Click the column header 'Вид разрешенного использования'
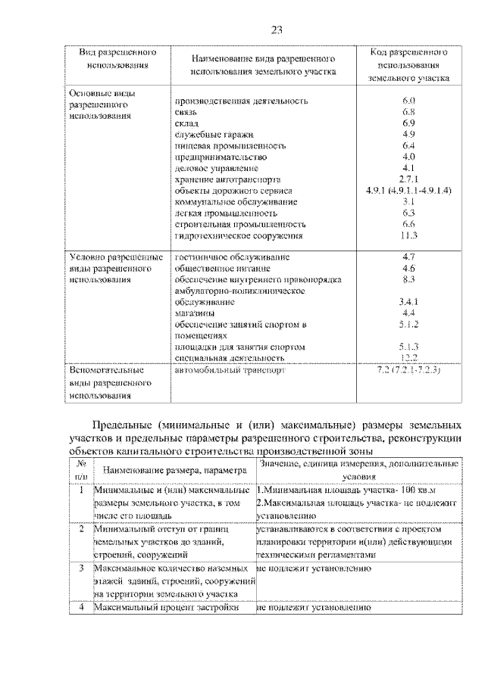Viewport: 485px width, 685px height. pos(117,59)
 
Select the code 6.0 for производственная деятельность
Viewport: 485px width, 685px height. pos(408,100)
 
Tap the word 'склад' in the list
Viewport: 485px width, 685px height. pos(186,123)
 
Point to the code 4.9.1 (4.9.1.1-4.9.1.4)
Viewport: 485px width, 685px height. pos(408,191)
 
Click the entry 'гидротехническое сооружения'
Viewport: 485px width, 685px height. pos(239,236)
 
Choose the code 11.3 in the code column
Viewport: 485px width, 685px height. pos(408,236)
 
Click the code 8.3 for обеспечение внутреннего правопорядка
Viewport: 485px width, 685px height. pos(408,279)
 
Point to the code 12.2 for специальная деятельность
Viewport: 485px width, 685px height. pos(409,357)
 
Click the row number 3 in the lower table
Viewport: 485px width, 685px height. pos(81,568)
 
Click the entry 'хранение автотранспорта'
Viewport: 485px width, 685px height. pos(227,179)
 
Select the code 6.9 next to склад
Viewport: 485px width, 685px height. pos(408,123)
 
